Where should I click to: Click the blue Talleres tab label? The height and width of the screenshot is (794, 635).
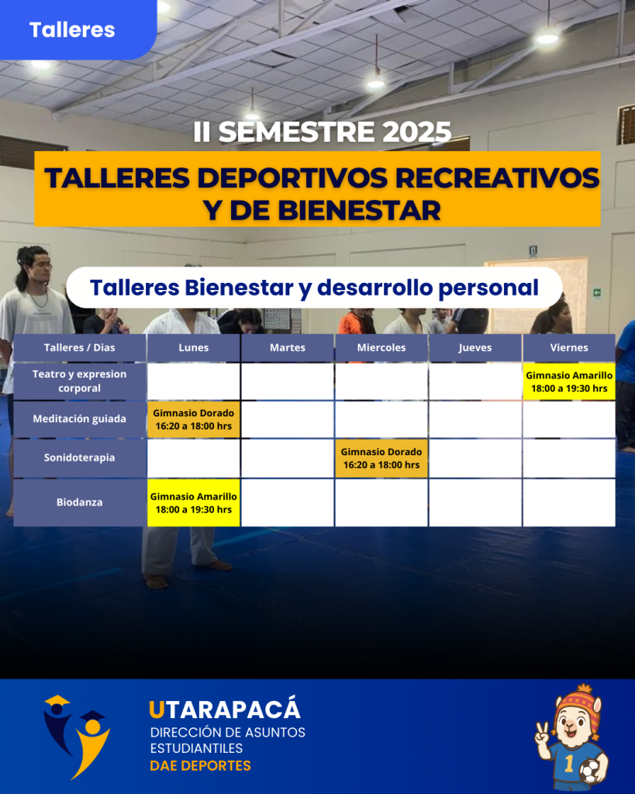click(72, 30)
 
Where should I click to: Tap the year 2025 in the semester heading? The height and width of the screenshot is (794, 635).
click(416, 132)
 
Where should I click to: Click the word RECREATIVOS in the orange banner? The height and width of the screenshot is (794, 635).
click(497, 178)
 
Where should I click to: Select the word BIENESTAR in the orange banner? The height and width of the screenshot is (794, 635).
click(360, 210)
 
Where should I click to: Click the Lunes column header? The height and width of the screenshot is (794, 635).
click(193, 348)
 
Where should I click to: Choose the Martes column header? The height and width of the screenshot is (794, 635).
click(287, 348)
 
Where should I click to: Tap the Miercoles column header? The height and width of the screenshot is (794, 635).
click(381, 348)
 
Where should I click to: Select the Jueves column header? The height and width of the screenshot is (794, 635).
click(475, 348)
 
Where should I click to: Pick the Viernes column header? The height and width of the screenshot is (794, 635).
click(569, 348)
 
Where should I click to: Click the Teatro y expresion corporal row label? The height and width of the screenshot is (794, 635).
click(80, 381)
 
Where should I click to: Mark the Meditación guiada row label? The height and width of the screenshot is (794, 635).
click(80, 419)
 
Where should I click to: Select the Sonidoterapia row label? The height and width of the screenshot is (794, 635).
click(80, 457)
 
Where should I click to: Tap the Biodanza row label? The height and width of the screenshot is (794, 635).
click(80, 502)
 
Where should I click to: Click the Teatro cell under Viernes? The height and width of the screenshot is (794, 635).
click(569, 381)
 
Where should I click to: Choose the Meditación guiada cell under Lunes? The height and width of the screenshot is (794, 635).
click(193, 419)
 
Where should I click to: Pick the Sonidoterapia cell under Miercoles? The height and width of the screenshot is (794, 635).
click(381, 458)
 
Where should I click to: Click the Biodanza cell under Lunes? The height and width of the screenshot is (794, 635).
click(193, 502)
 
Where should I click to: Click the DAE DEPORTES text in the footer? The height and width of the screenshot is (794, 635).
click(201, 765)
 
